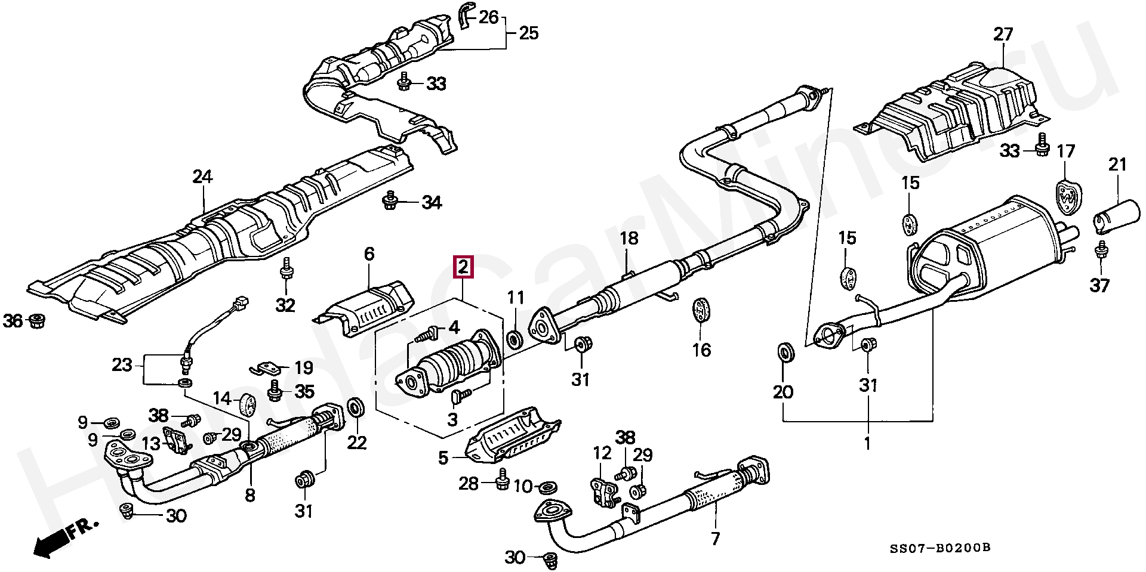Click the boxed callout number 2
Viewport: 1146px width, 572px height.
click(x=464, y=267)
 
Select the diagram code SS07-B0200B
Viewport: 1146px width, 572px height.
click(x=946, y=548)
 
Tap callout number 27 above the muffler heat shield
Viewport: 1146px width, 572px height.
click(x=1003, y=34)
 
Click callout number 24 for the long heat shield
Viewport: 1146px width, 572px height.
click(x=202, y=177)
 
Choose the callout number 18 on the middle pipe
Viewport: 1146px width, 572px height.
click(x=629, y=239)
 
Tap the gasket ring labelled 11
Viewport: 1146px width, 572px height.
click(x=514, y=341)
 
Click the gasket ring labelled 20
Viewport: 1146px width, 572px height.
click(x=786, y=353)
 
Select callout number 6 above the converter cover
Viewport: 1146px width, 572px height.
click(x=369, y=254)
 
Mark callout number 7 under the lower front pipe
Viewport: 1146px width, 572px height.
click(x=715, y=539)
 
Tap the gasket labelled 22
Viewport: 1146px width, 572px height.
click(x=357, y=408)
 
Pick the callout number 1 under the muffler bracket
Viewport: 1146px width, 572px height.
click(x=867, y=443)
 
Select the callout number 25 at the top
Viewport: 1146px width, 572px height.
click(x=528, y=33)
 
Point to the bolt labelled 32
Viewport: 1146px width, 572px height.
click(x=286, y=270)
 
